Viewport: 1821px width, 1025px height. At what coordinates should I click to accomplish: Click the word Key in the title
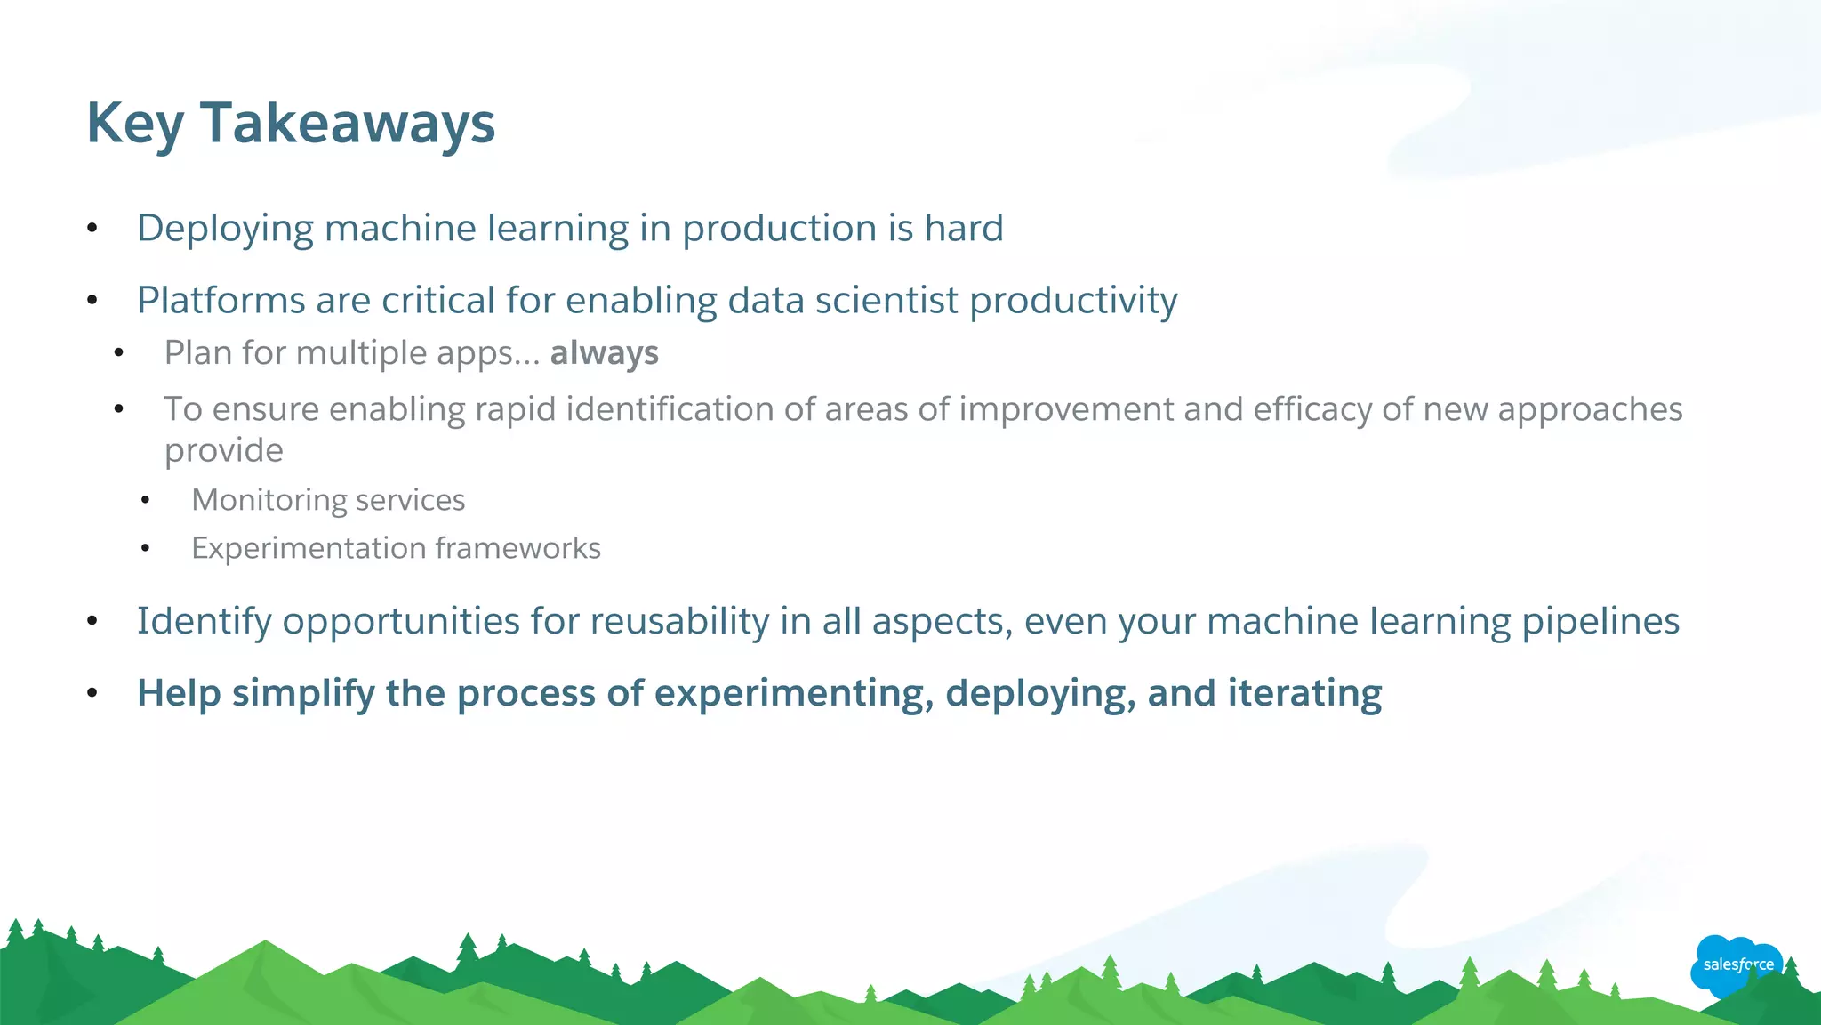pyautogui.click(x=135, y=123)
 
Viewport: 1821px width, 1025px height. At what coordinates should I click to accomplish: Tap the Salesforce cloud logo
pyautogui.click(x=1737, y=964)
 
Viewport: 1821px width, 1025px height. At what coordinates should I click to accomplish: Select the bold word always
pyautogui.click(x=604, y=353)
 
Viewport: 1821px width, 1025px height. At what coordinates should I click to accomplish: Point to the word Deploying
pyautogui.click(x=225, y=230)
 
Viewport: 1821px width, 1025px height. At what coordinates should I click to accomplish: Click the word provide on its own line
pyautogui.click(x=223, y=451)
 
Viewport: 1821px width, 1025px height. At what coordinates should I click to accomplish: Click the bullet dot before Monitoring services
pyautogui.click(x=146, y=501)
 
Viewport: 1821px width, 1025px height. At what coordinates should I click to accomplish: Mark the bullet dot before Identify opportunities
pyautogui.click(x=92, y=621)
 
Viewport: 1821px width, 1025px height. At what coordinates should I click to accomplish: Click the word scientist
pyautogui.click(x=886, y=301)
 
